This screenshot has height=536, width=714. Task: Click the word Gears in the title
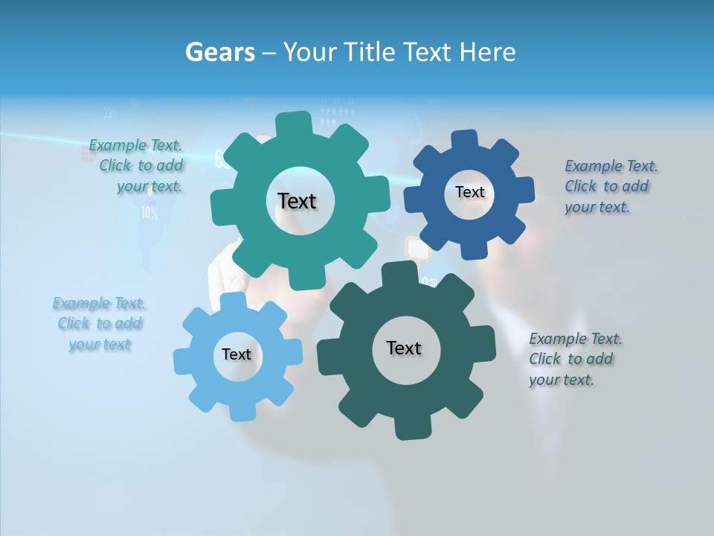219,52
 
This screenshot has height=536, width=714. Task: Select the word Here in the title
488,52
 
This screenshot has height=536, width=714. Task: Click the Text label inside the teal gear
297,201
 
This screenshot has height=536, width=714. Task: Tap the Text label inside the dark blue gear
469,192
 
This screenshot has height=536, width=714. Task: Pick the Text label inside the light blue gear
237,354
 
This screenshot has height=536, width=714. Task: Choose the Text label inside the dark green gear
404,348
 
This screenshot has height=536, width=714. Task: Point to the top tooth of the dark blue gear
464,140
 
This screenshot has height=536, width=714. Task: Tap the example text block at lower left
100,324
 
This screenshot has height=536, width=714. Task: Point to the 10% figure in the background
149,214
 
